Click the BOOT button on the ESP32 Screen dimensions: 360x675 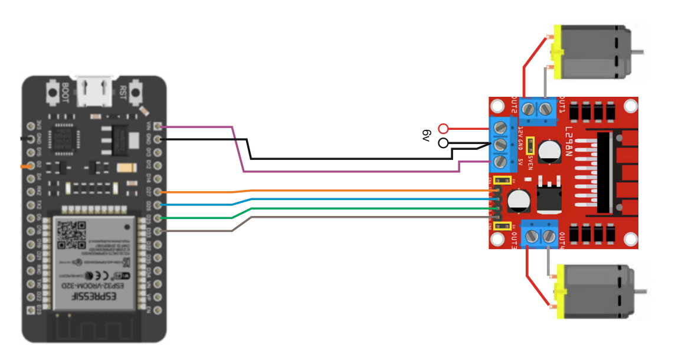coord(53,93)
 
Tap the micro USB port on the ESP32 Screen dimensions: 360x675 coord(94,91)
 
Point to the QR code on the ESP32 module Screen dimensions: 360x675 coord(70,235)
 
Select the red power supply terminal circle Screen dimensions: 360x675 coord(444,128)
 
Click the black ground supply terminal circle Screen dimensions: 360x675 coord(444,143)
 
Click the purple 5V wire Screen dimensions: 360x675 coord(354,171)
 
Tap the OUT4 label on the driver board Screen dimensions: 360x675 coord(562,241)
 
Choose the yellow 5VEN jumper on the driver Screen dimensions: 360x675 coord(530,144)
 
